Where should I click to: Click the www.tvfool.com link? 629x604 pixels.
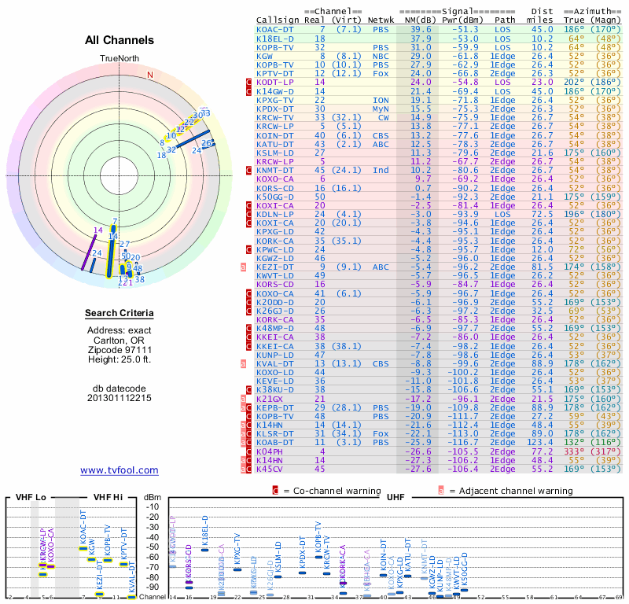(x=119, y=470)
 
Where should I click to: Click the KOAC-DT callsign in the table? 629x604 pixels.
(x=276, y=29)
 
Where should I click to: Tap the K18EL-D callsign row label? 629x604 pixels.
(x=276, y=38)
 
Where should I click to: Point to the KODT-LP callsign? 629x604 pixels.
(x=276, y=82)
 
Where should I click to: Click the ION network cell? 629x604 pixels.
(x=381, y=100)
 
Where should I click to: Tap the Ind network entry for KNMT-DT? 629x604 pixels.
(x=381, y=169)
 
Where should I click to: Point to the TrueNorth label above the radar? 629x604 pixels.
(x=119, y=59)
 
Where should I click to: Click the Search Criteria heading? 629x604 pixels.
(x=119, y=314)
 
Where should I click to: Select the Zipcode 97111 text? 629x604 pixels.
(x=119, y=349)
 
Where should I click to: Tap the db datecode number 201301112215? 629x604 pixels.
(x=119, y=397)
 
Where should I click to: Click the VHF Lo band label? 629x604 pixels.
(x=31, y=497)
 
